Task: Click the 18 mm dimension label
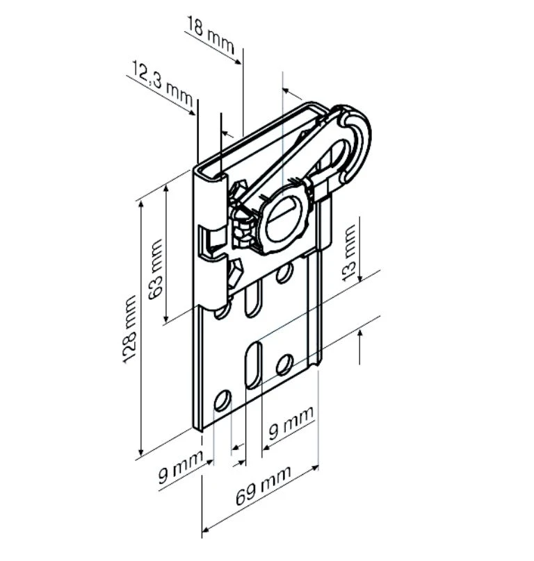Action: [210, 35]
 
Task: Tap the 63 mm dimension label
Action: [156, 269]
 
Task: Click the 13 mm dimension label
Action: [350, 252]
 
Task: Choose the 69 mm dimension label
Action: [263, 485]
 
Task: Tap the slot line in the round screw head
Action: [283, 214]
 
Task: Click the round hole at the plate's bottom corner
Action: [222, 401]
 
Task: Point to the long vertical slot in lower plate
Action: [253, 365]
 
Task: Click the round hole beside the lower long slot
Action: [285, 365]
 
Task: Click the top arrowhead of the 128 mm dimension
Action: [141, 205]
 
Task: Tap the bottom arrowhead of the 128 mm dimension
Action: [141, 452]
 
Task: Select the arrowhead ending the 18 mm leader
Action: [238, 62]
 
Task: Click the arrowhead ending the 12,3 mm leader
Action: [192, 112]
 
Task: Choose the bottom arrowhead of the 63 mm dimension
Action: [166, 318]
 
